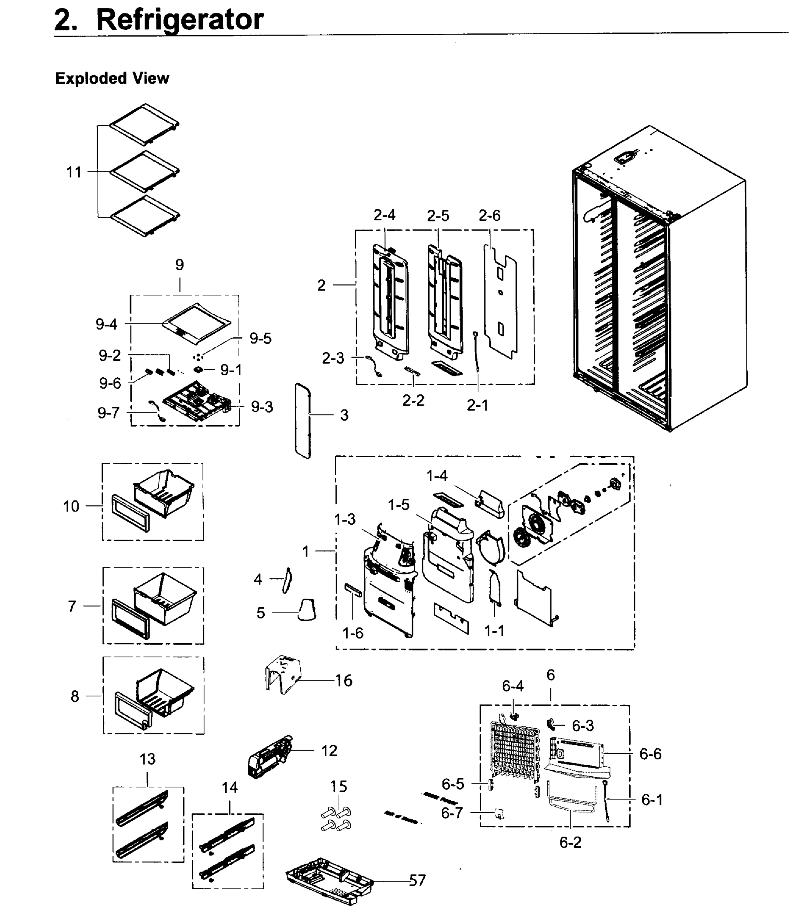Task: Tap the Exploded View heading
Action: [x=112, y=78]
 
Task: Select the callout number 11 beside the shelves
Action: [x=74, y=172]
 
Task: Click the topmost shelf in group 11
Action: [x=145, y=124]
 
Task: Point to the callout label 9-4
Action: [x=107, y=324]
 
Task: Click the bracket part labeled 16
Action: [x=283, y=674]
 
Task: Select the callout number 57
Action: [x=417, y=880]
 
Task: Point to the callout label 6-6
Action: [x=650, y=753]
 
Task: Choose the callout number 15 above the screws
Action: [x=339, y=786]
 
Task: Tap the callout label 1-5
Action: [x=398, y=505]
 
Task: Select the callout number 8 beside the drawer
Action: [x=75, y=696]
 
